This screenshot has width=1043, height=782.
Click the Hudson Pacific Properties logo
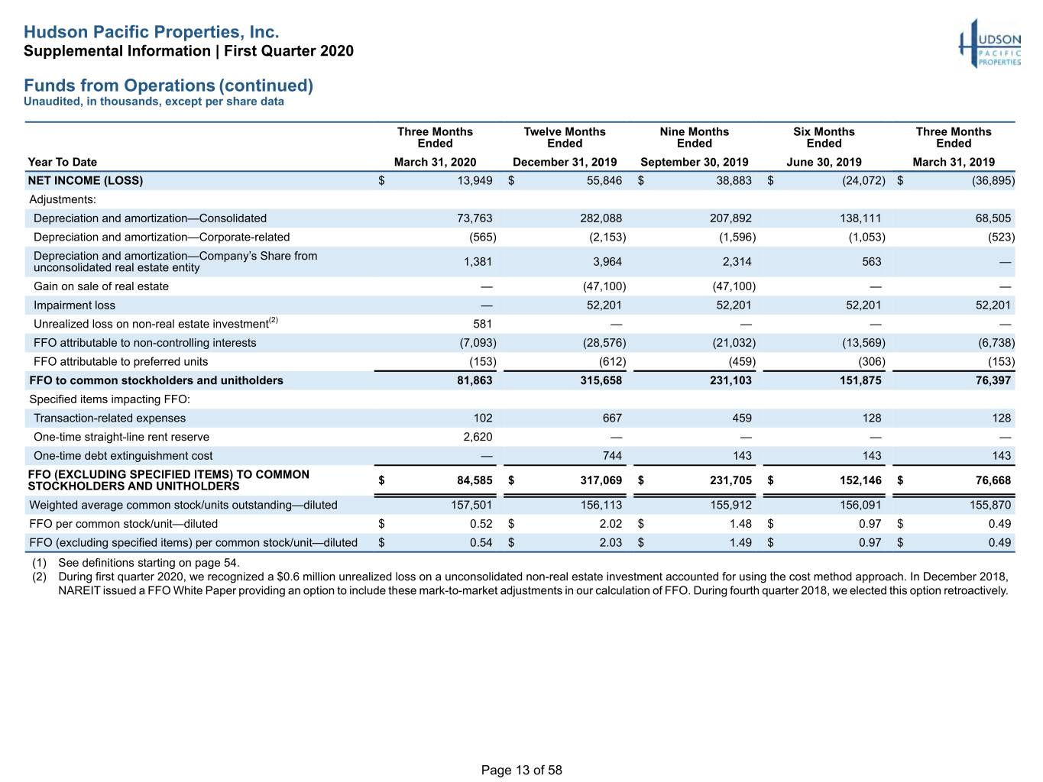coord(990,44)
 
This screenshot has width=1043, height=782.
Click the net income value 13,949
coord(475,180)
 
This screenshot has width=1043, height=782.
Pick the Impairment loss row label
coord(74,305)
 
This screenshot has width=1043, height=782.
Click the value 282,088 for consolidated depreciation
coord(601,218)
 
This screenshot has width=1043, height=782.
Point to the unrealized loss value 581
coord(482,324)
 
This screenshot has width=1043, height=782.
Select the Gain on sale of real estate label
coord(101,286)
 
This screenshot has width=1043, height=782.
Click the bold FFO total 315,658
coord(601,380)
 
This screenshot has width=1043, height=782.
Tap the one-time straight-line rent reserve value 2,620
coord(478,437)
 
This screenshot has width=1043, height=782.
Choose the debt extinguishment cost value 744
coord(612,456)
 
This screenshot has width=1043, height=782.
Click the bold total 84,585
coord(475,480)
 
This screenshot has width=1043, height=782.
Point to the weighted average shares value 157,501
coord(471,505)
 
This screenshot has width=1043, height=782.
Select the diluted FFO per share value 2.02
coord(610,524)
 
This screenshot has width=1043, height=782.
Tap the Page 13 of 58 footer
coord(521,770)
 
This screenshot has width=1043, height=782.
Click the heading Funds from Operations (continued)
coord(169,86)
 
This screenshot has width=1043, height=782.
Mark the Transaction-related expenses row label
coord(110,418)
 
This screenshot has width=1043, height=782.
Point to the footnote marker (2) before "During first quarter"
coord(39,577)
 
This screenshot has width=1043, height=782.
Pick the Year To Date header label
coord(62,162)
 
